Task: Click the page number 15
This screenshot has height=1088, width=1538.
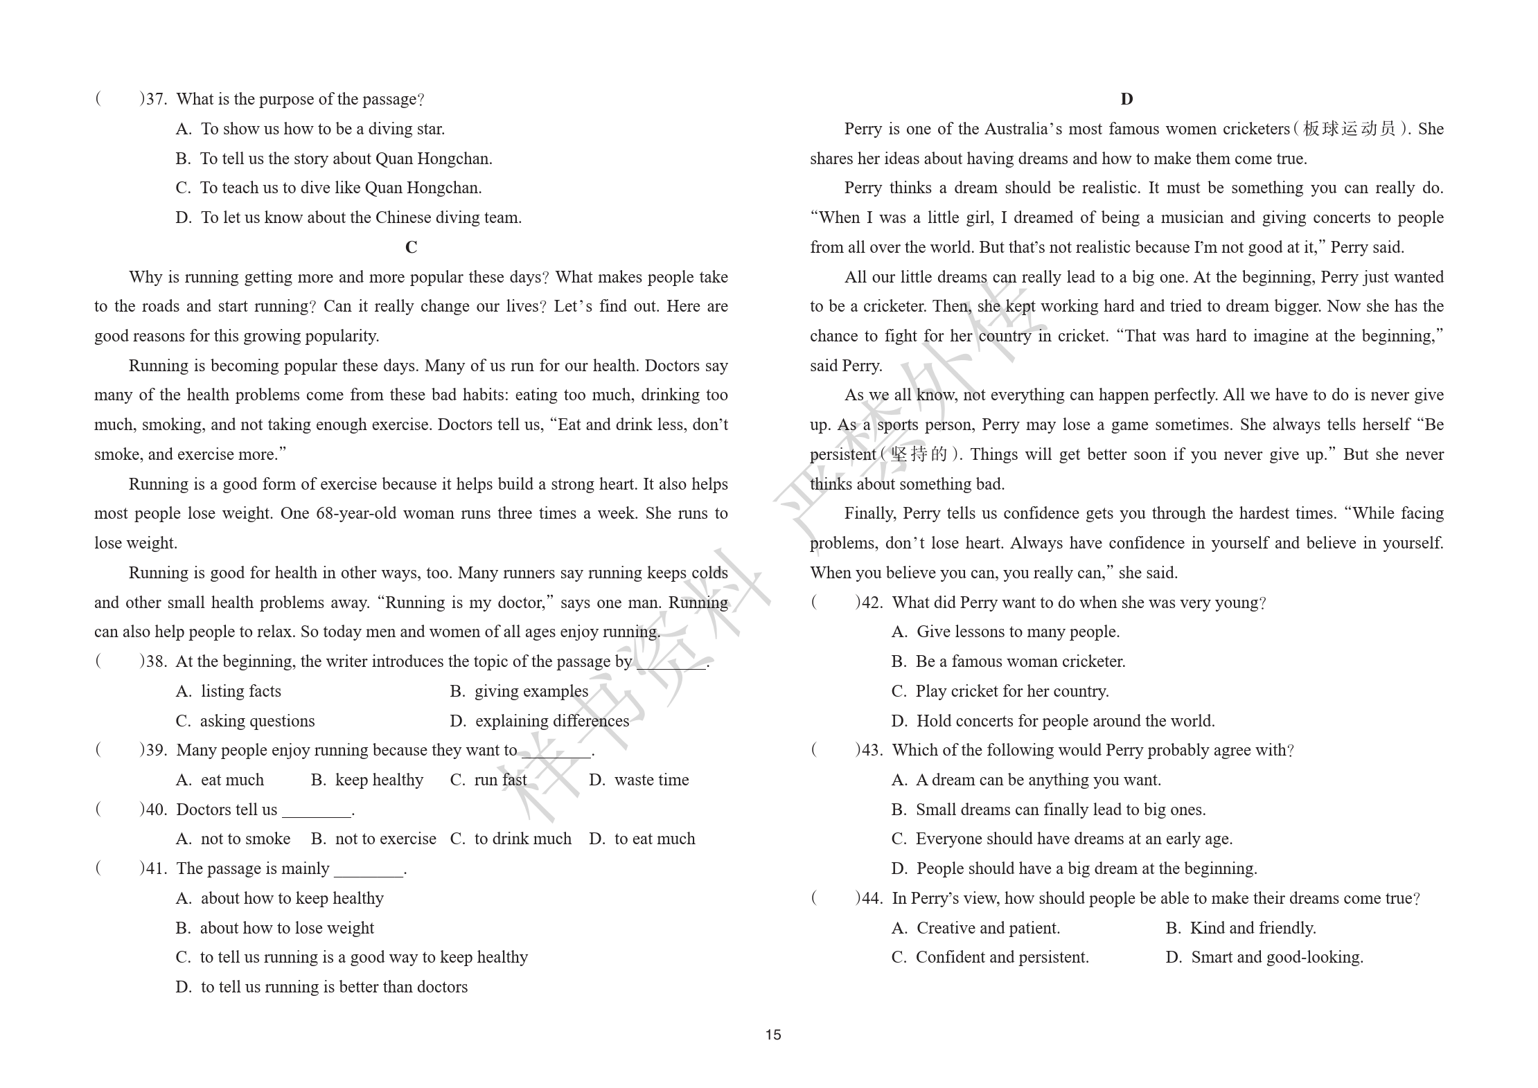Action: click(773, 1035)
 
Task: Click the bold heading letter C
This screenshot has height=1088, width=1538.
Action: click(411, 247)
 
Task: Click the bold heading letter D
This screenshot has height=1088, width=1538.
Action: click(1126, 99)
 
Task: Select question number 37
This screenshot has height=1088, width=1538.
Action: click(156, 99)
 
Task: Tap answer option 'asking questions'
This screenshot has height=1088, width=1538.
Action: click(256, 721)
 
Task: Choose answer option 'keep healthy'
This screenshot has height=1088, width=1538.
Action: click(378, 780)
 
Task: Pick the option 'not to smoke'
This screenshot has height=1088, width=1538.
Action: click(245, 839)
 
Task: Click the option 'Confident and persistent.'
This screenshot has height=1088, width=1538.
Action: click(1001, 957)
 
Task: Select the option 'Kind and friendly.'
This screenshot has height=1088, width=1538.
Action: click(1252, 928)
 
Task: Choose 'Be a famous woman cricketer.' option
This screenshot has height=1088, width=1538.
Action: click(1020, 661)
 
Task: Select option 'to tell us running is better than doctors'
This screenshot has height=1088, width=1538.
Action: click(333, 987)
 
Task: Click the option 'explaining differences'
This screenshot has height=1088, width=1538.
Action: click(551, 721)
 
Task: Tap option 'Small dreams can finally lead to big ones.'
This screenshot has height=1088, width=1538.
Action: click(1060, 810)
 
